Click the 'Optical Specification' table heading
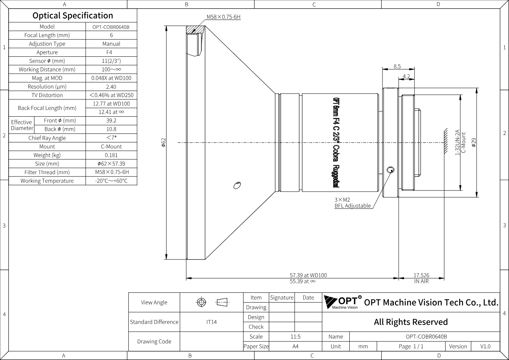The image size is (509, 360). coord(73,15)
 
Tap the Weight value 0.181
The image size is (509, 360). coord(111,155)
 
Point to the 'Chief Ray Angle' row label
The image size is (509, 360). coord(47,138)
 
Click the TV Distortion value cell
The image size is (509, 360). coord(111,95)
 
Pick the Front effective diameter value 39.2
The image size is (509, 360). coord(111,121)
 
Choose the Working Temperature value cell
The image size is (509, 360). coord(111,181)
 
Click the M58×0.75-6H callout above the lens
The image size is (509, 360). coord(224,17)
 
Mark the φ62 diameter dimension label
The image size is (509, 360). coord(163,142)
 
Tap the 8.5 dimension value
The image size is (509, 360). coord(397,66)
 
